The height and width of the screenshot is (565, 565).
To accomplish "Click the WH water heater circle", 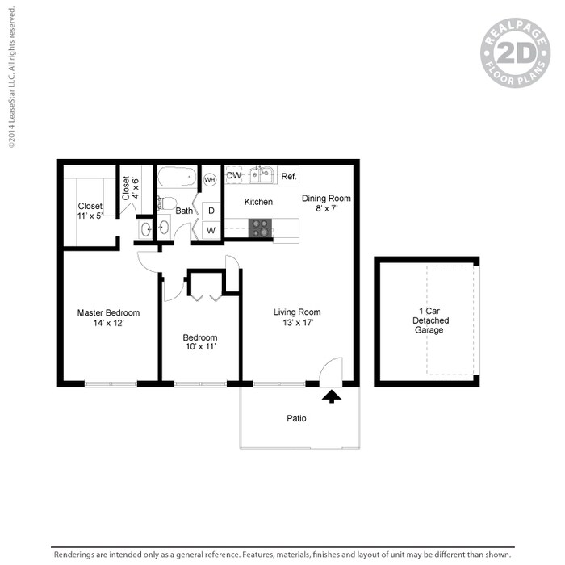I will click(x=210, y=179).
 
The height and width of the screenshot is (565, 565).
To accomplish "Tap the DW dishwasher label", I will click(x=233, y=175).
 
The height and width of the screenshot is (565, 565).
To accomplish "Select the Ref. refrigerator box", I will click(x=288, y=177).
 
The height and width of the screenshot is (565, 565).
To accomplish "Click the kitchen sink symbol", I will click(x=260, y=175).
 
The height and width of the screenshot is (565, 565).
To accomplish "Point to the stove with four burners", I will click(x=261, y=228).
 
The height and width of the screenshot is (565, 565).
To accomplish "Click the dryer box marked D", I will click(x=211, y=211).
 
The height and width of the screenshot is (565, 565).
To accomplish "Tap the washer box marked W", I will click(x=211, y=230).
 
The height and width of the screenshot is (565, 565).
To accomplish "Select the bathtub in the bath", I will click(x=177, y=177).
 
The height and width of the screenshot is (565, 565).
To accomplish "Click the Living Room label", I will click(x=297, y=312).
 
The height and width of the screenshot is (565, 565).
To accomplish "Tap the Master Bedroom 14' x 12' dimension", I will click(x=108, y=323).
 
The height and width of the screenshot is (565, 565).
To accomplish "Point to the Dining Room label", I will click(x=326, y=199).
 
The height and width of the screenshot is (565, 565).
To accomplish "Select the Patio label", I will click(x=296, y=419).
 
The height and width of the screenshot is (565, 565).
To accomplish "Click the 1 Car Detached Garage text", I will click(x=431, y=320).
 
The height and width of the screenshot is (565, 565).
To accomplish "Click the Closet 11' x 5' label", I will click(x=90, y=211).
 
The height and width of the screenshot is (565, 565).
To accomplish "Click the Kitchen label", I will click(x=258, y=202).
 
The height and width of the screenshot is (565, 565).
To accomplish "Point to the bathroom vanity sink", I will click(x=144, y=230).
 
